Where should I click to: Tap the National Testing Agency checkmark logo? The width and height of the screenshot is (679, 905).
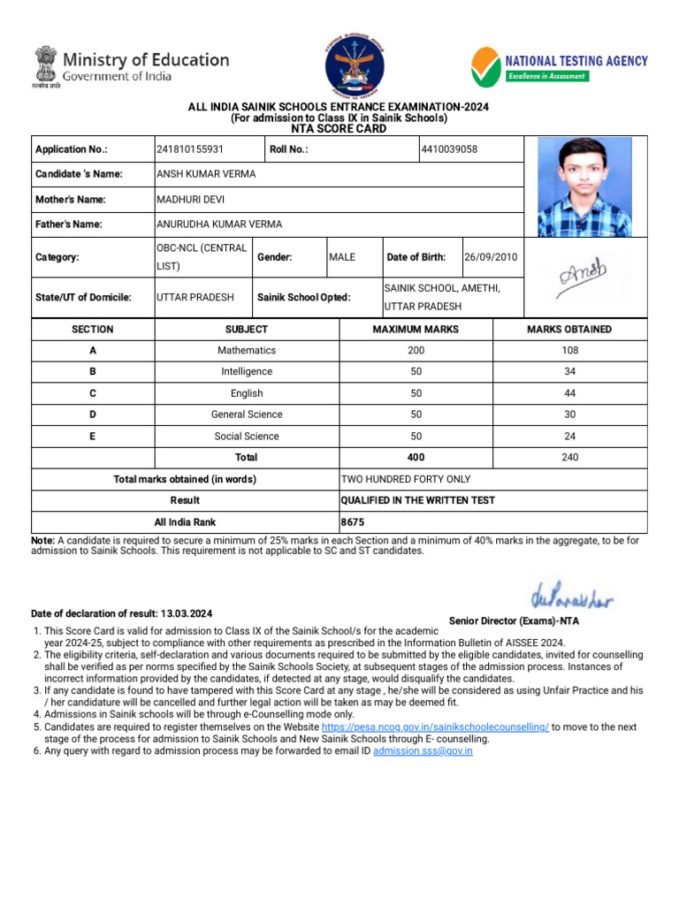485,65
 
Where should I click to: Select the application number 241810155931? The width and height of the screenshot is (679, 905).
190,149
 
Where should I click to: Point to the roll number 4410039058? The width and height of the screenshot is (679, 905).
450,149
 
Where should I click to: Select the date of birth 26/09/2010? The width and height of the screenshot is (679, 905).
491,257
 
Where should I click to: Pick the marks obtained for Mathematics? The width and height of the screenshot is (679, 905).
569,351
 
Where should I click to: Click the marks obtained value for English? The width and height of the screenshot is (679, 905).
569,393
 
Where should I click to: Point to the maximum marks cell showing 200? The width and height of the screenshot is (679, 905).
416,351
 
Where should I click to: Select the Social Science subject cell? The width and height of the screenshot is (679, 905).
247,437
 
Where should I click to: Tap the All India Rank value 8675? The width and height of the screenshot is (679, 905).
354,522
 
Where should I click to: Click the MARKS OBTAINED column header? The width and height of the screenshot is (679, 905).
569,330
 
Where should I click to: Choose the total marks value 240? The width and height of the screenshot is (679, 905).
569,458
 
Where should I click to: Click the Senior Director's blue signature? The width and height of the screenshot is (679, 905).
572,598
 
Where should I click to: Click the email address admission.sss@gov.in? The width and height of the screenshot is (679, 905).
423,751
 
